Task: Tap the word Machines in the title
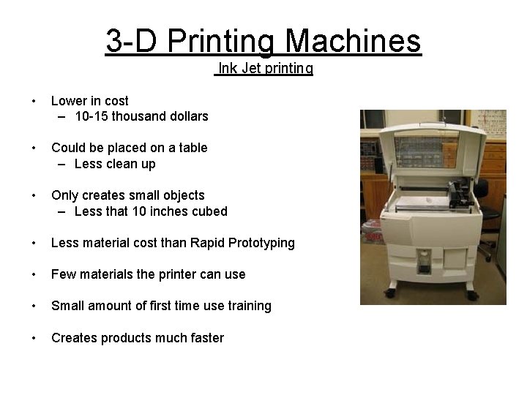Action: pos(354,41)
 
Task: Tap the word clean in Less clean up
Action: pos(123,164)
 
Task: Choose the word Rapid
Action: pos(207,243)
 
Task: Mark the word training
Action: pos(246,306)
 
